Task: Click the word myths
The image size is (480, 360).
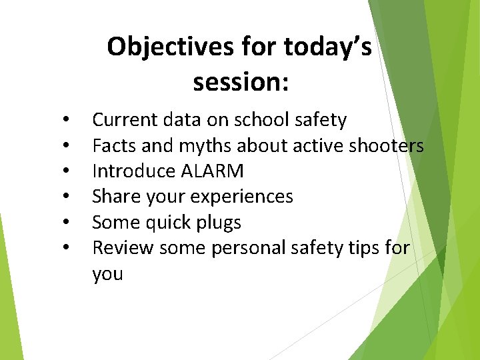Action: [x=202, y=145]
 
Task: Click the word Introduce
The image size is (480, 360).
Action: [x=134, y=171]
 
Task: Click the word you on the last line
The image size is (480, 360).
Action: [x=107, y=274]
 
